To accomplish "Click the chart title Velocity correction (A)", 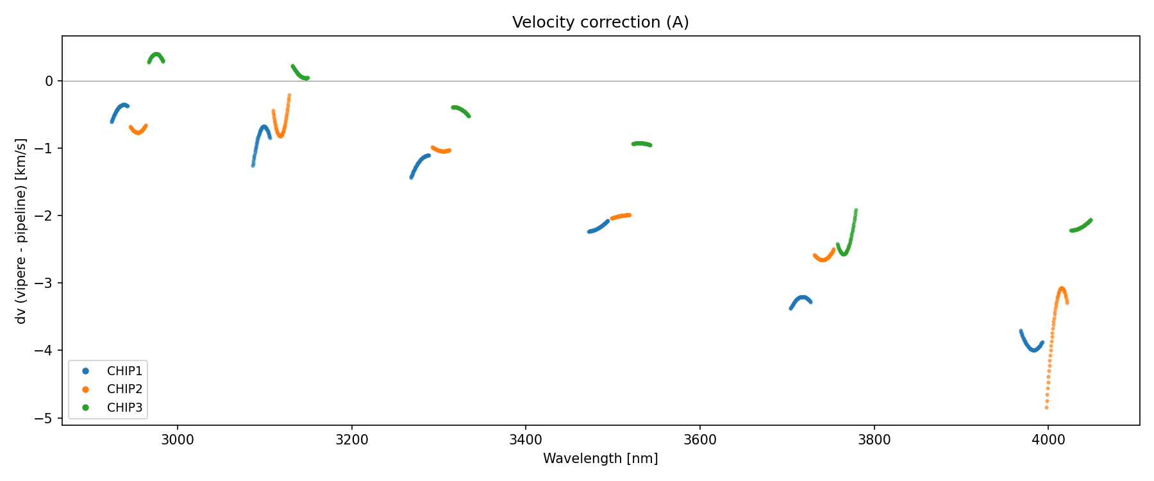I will [600, 22].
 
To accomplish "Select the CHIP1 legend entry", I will [124, 371].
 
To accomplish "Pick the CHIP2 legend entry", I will [124, 389].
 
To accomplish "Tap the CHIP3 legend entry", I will [124, 407].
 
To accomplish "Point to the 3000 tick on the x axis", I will [178, 440].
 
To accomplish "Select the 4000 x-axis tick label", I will [1048, 440].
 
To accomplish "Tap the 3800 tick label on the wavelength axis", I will [874, 440].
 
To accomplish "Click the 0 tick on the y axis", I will [49, 81].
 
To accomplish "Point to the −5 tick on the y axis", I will [46, 418].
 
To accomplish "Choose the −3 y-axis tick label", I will [46, 283].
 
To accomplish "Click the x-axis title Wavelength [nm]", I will [600, 459].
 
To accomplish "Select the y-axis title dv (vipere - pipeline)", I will [21, 231].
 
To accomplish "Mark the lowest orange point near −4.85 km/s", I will [1046, 407].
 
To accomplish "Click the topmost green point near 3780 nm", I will [856, 210].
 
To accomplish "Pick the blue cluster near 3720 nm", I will [801, 298].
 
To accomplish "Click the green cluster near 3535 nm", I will [642, 144].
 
